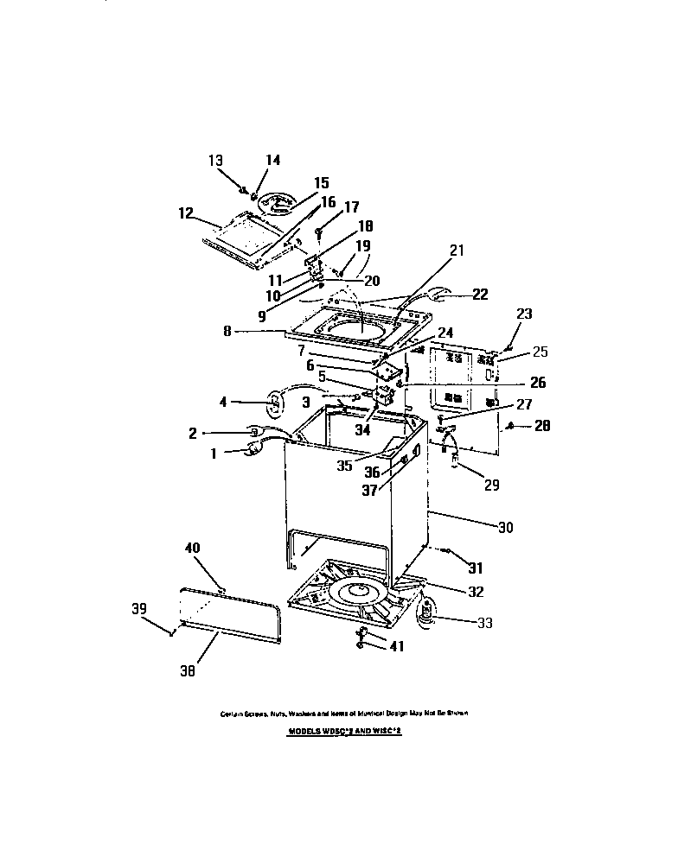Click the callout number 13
pyautogui.click(x=215, y=161)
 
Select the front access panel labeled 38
pyautogui.click(x=231, y=612)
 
